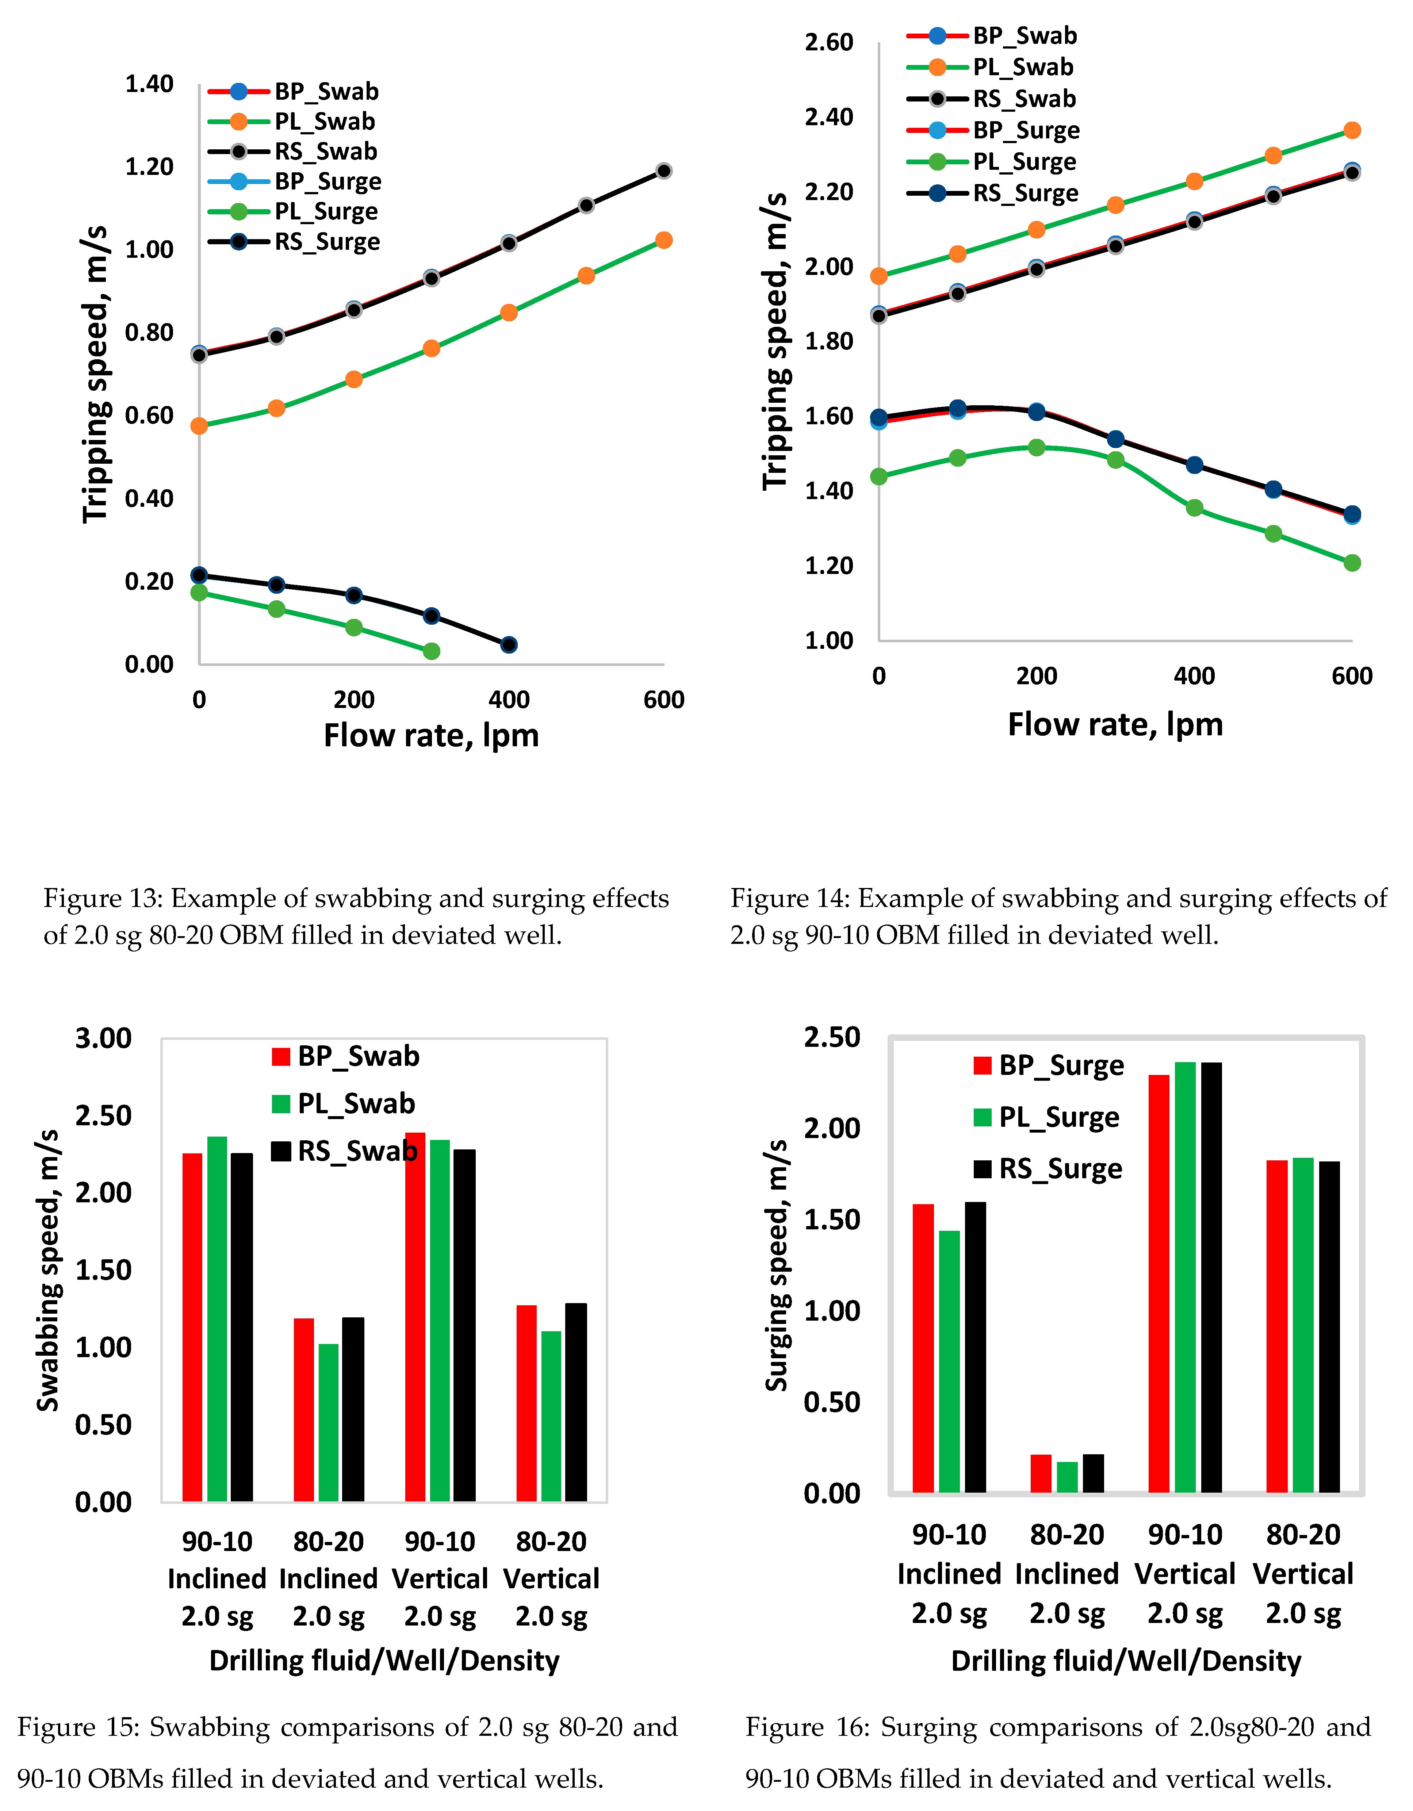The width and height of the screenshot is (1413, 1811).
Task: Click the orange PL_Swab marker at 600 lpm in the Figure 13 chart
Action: click(663, 241)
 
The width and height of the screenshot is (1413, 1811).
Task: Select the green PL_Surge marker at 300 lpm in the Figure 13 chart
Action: click(431, 651)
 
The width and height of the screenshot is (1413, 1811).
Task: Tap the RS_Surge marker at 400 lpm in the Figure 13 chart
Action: click(509, 644)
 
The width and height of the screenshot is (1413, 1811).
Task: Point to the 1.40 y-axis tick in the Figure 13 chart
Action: click(149, 84)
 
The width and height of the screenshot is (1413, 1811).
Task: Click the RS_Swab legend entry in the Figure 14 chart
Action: click(1024, 99)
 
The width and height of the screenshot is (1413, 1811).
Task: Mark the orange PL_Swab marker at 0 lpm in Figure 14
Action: click(879, 276)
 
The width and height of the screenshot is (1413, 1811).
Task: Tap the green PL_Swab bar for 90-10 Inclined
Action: click(217, 1318)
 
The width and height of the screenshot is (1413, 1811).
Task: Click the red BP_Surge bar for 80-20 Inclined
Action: click(1041, 1474)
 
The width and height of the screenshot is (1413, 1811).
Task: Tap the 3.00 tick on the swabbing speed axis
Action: click(104, 1038)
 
